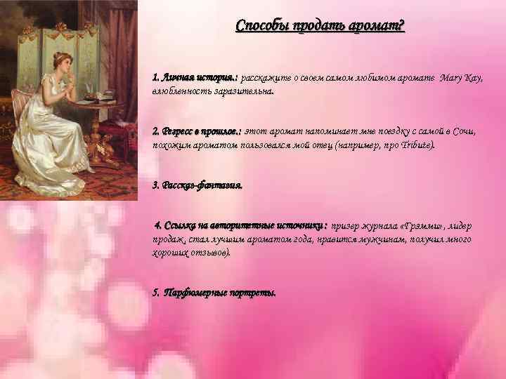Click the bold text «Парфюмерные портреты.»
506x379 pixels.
(214, 292)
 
